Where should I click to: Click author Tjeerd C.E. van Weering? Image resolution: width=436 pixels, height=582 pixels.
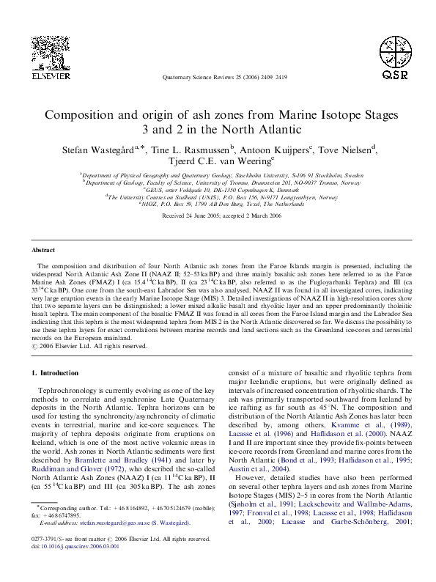tap(218, 161)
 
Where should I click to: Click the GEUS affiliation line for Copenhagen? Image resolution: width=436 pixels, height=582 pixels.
tap(218, 189)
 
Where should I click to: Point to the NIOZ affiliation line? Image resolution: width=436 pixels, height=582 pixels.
tap(218, 205)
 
